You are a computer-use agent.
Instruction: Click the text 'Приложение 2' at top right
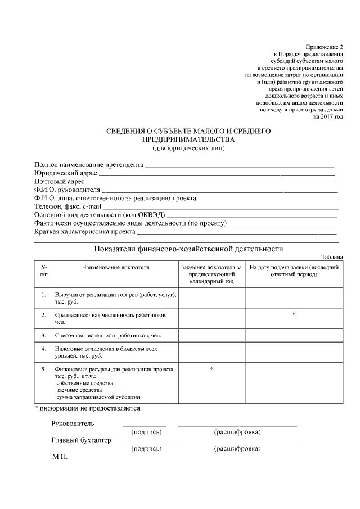coord(324,46)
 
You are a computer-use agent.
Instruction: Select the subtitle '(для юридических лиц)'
coord(189,148)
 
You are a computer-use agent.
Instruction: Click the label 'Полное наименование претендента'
coord(89,165)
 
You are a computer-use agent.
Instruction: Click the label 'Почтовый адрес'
coord(60,182)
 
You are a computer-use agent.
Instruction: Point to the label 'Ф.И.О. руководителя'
coord(67,190)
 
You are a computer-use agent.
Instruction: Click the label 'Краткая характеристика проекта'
coord(85,232)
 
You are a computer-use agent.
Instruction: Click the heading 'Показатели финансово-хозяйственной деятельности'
coord(188,249)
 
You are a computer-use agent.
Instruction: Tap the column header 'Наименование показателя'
coord(115,267)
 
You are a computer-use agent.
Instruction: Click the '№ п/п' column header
coord(43,271)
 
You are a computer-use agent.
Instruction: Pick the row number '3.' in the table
coord(43,335)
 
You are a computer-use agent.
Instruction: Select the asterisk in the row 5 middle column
coord(211,368)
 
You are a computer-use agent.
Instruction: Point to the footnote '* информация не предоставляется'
coord(87,408)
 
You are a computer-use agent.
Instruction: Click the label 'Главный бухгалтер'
coord(81,440)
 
